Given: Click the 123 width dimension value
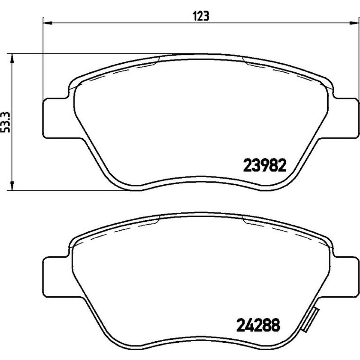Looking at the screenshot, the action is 201,16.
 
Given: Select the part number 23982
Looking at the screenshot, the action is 265,165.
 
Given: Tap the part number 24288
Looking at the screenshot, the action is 258,325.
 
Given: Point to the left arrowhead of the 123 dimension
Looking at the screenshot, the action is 48,23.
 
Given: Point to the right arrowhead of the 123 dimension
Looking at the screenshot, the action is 354,23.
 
